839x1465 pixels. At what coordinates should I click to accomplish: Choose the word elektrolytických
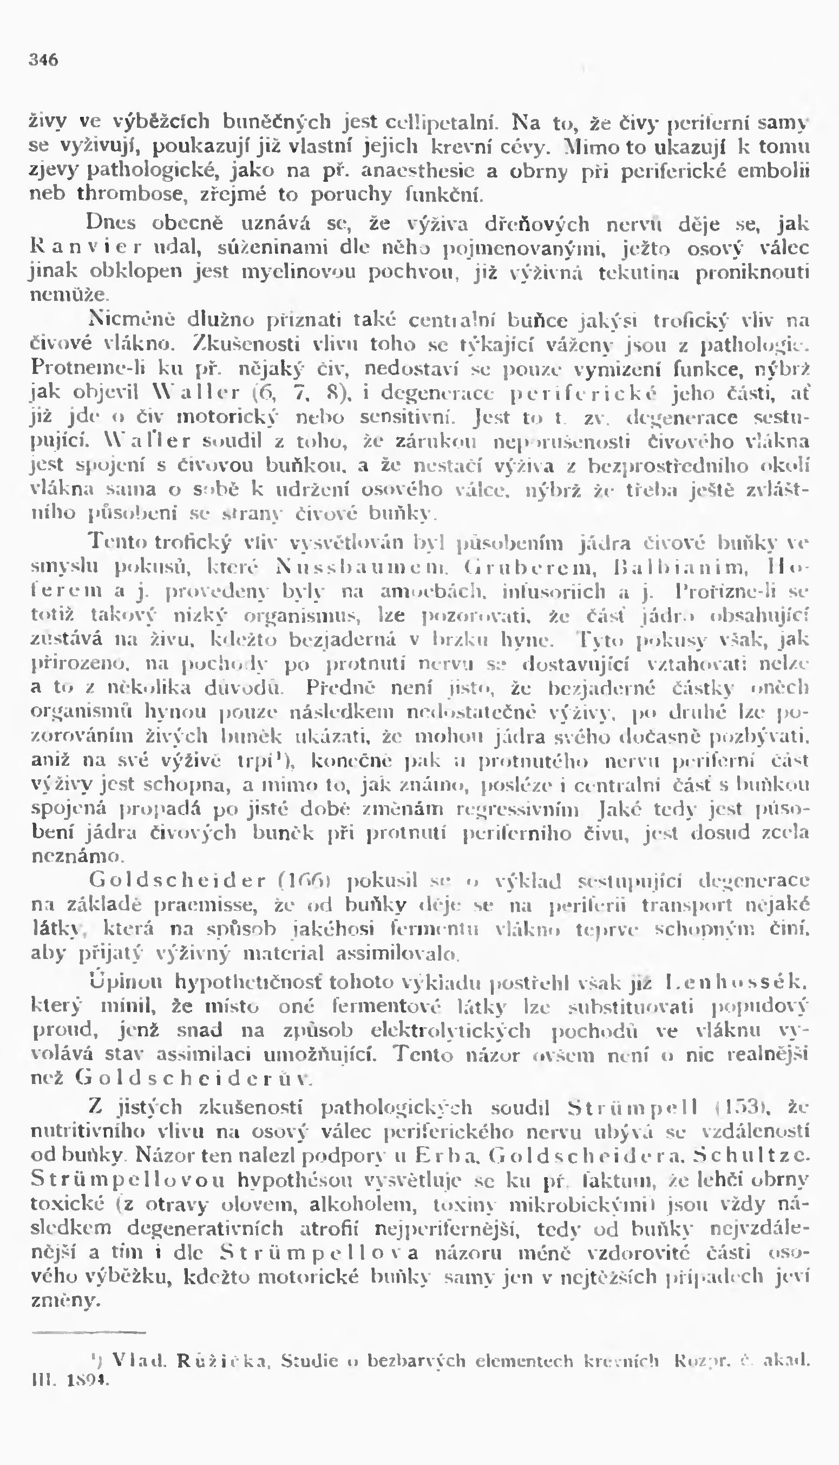coord(450,1031)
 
